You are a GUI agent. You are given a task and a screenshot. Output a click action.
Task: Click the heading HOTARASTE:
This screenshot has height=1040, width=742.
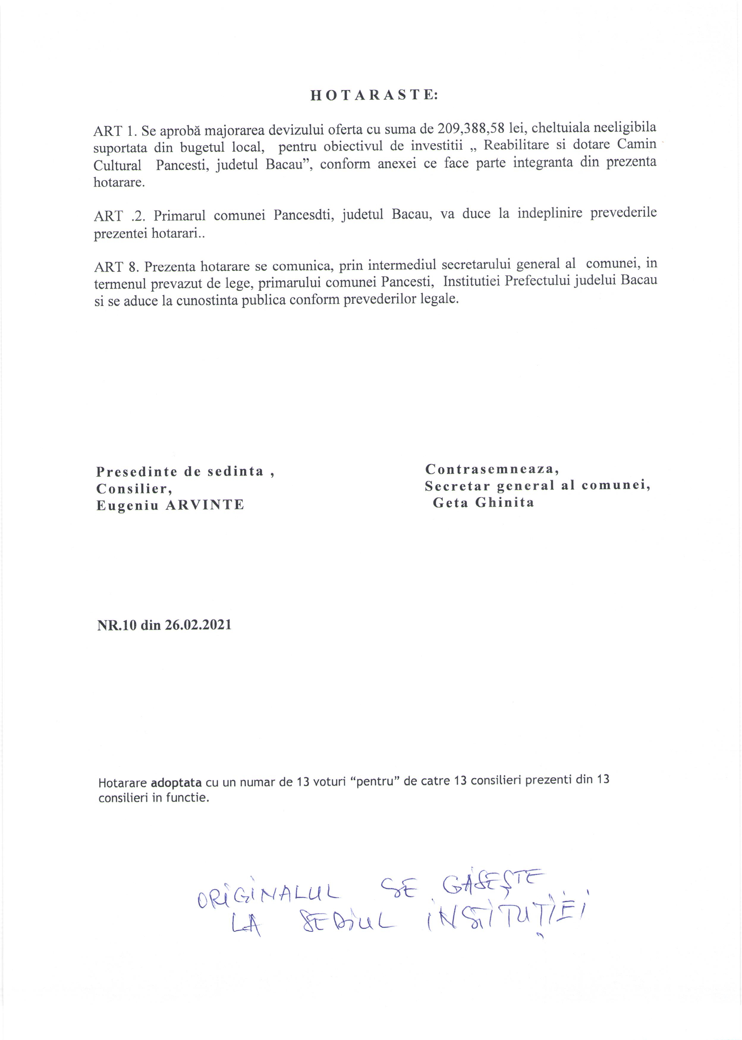point(374,95)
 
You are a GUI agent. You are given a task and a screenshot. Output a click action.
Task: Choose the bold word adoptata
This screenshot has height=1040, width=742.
point(176,782)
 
